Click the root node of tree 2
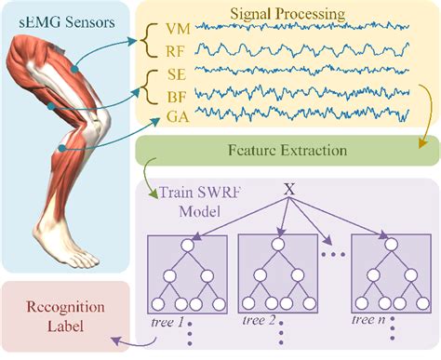[x=276, y=246]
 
